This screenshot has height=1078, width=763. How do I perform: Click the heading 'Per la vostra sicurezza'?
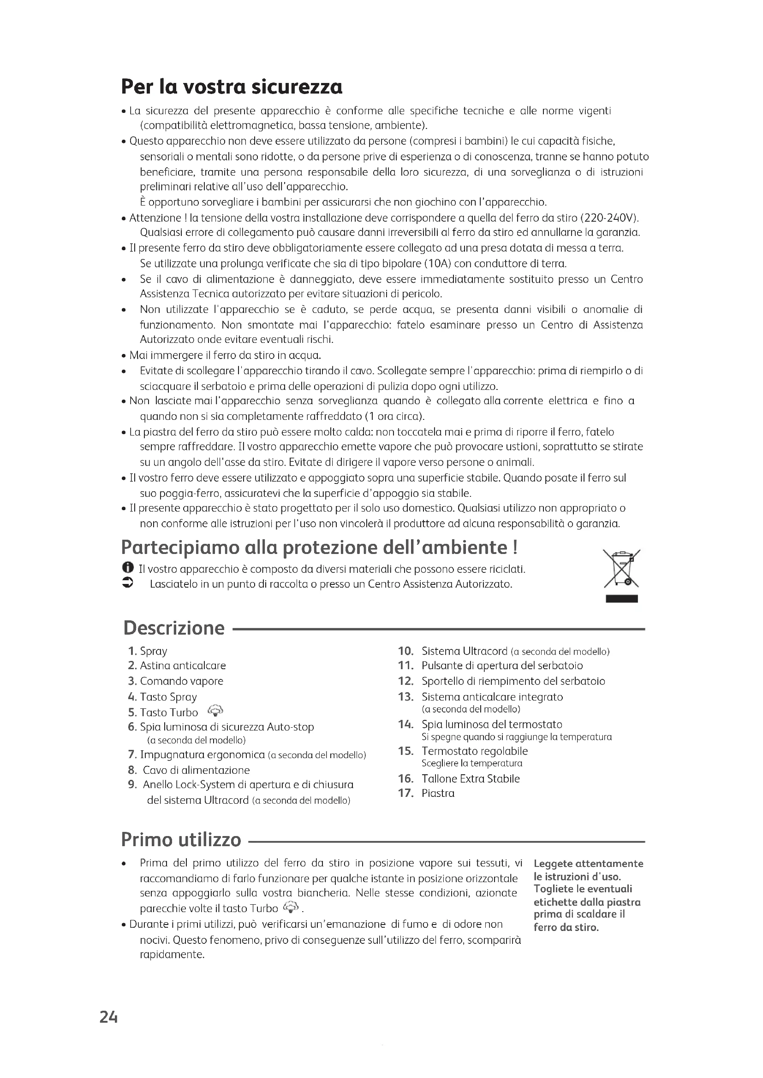coord(231,87)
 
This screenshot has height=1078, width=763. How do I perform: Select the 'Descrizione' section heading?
coord(174,628)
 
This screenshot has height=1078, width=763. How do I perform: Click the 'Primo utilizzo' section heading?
coord(181,839)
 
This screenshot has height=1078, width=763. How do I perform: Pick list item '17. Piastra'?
coord(426,794)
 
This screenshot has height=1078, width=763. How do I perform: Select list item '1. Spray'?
coord(148,651)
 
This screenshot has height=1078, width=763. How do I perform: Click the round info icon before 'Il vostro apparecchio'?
coord(127,568)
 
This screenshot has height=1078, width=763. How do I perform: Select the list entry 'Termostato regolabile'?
coord(475,751)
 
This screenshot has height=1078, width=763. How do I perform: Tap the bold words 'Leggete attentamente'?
coord(588,864)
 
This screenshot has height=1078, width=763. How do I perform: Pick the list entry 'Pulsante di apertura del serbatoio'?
coord(502,666)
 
